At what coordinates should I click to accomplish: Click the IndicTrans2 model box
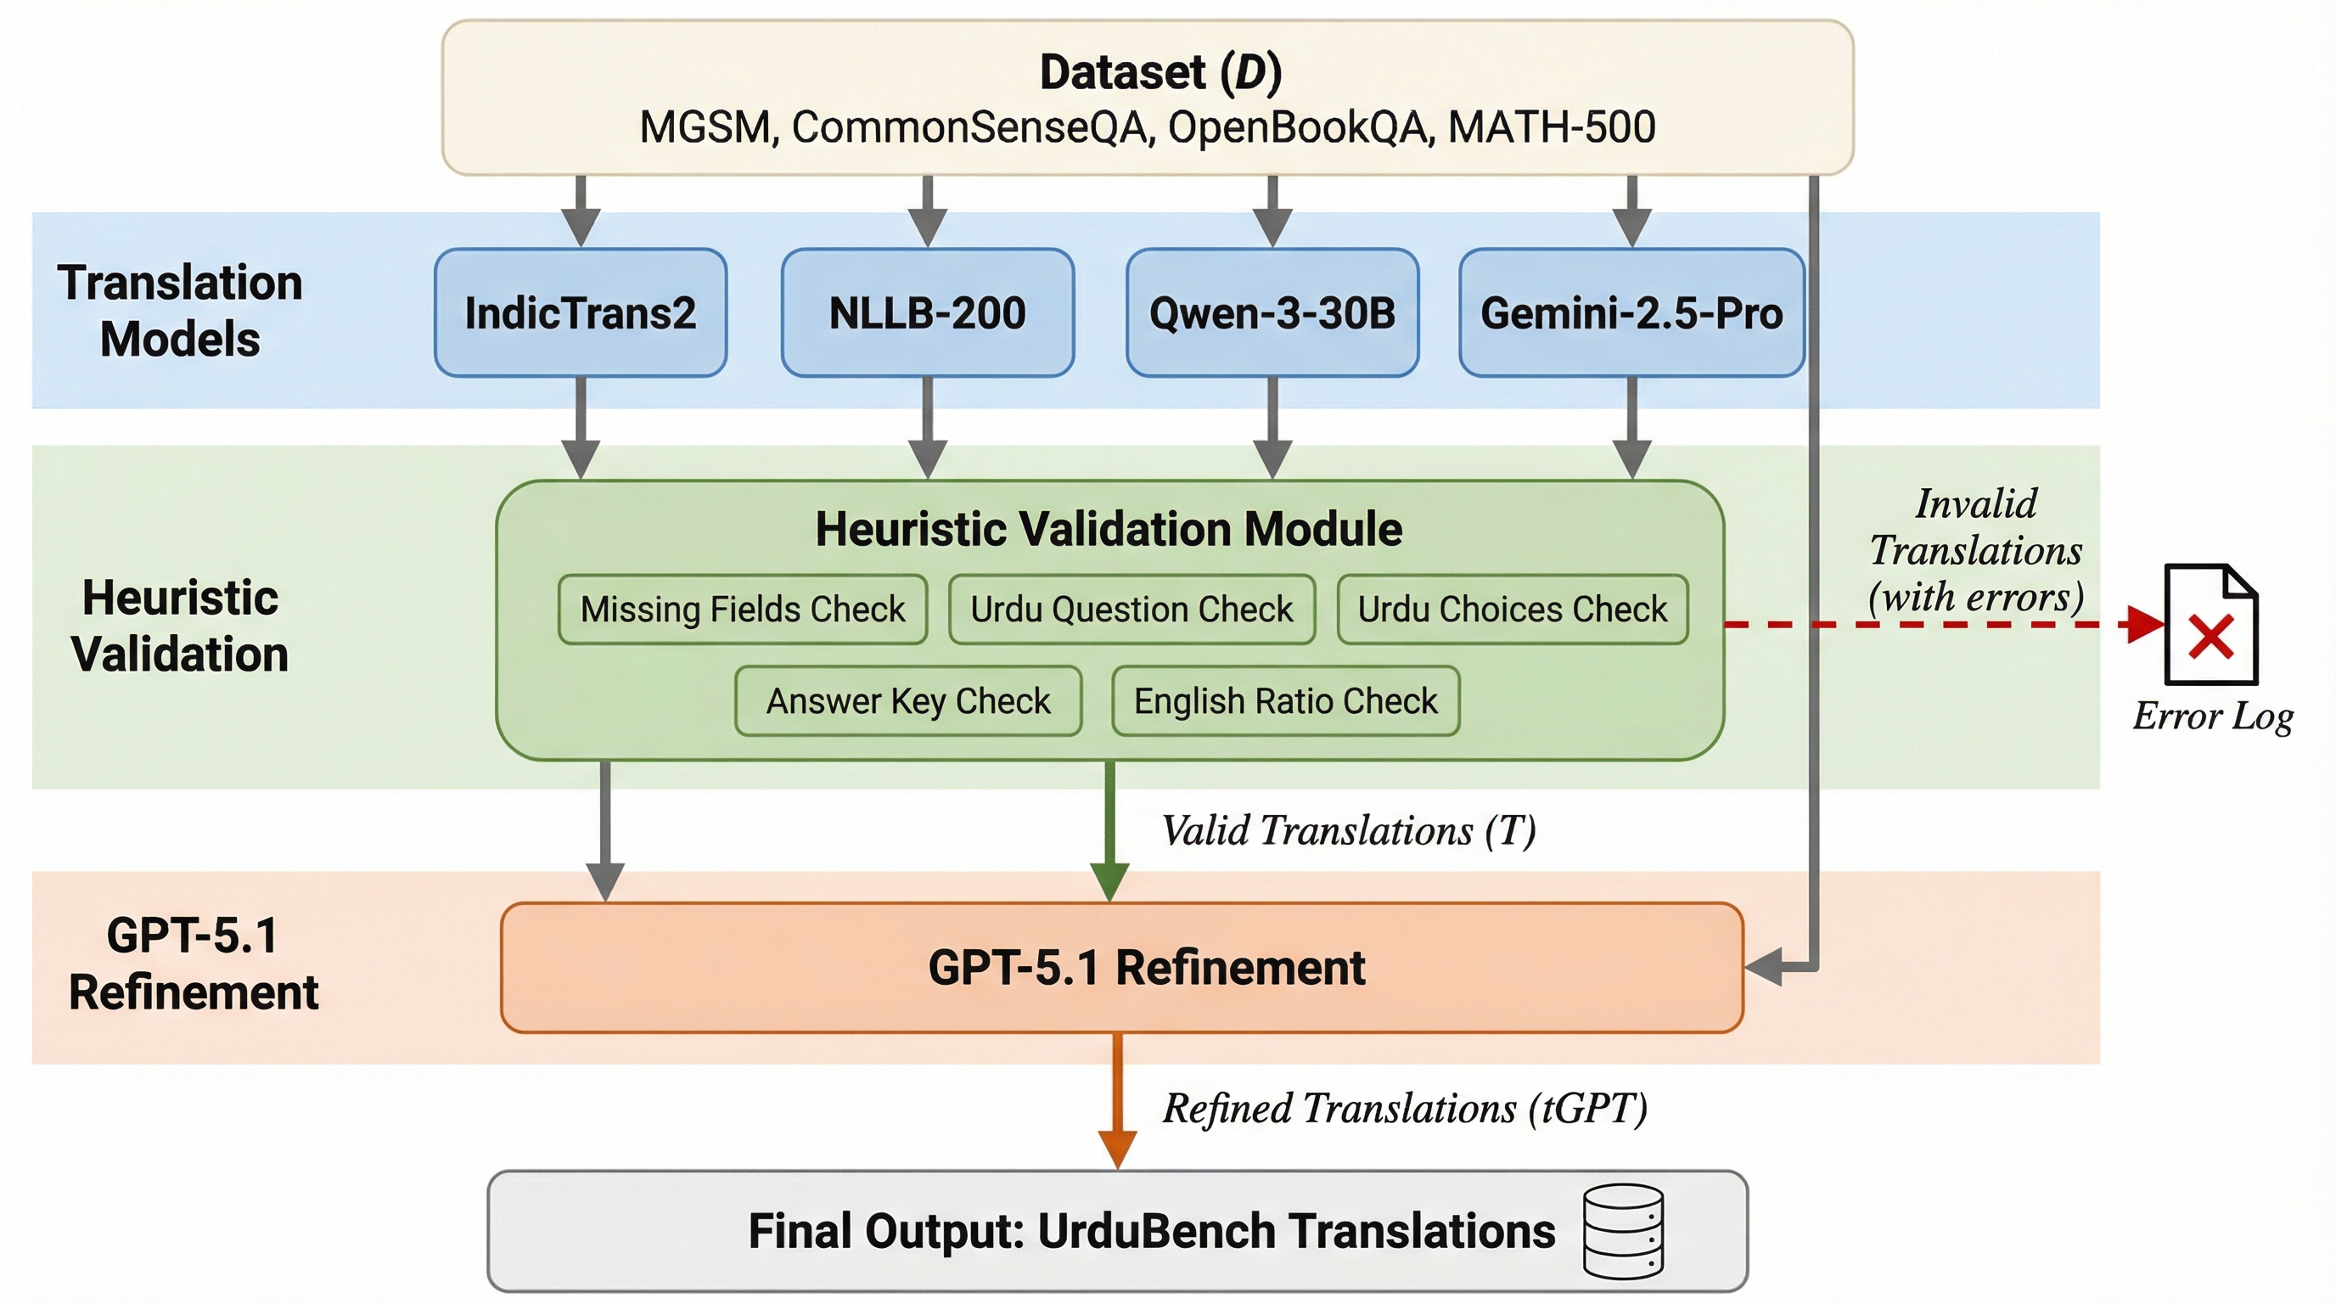581,313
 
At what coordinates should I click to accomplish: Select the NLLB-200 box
927,313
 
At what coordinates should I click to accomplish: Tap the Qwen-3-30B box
1272,313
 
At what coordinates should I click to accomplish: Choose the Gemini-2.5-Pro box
1631,313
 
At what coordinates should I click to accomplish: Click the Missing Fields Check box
743,610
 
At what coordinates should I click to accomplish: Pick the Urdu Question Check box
1131,610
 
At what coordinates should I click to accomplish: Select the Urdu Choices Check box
1513,610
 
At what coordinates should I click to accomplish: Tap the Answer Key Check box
907,701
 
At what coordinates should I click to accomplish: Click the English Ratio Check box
1285,701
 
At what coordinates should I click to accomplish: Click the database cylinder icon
1623,1232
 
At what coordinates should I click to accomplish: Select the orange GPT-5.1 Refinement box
1122,968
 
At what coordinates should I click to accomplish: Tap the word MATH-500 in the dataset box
1552,127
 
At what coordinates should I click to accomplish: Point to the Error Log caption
2213,717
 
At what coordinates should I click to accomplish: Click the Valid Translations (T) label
1349,830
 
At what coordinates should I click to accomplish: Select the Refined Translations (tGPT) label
1405,1108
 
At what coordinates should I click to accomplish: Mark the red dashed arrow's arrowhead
2147,625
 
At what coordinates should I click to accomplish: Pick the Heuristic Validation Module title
1108,529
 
